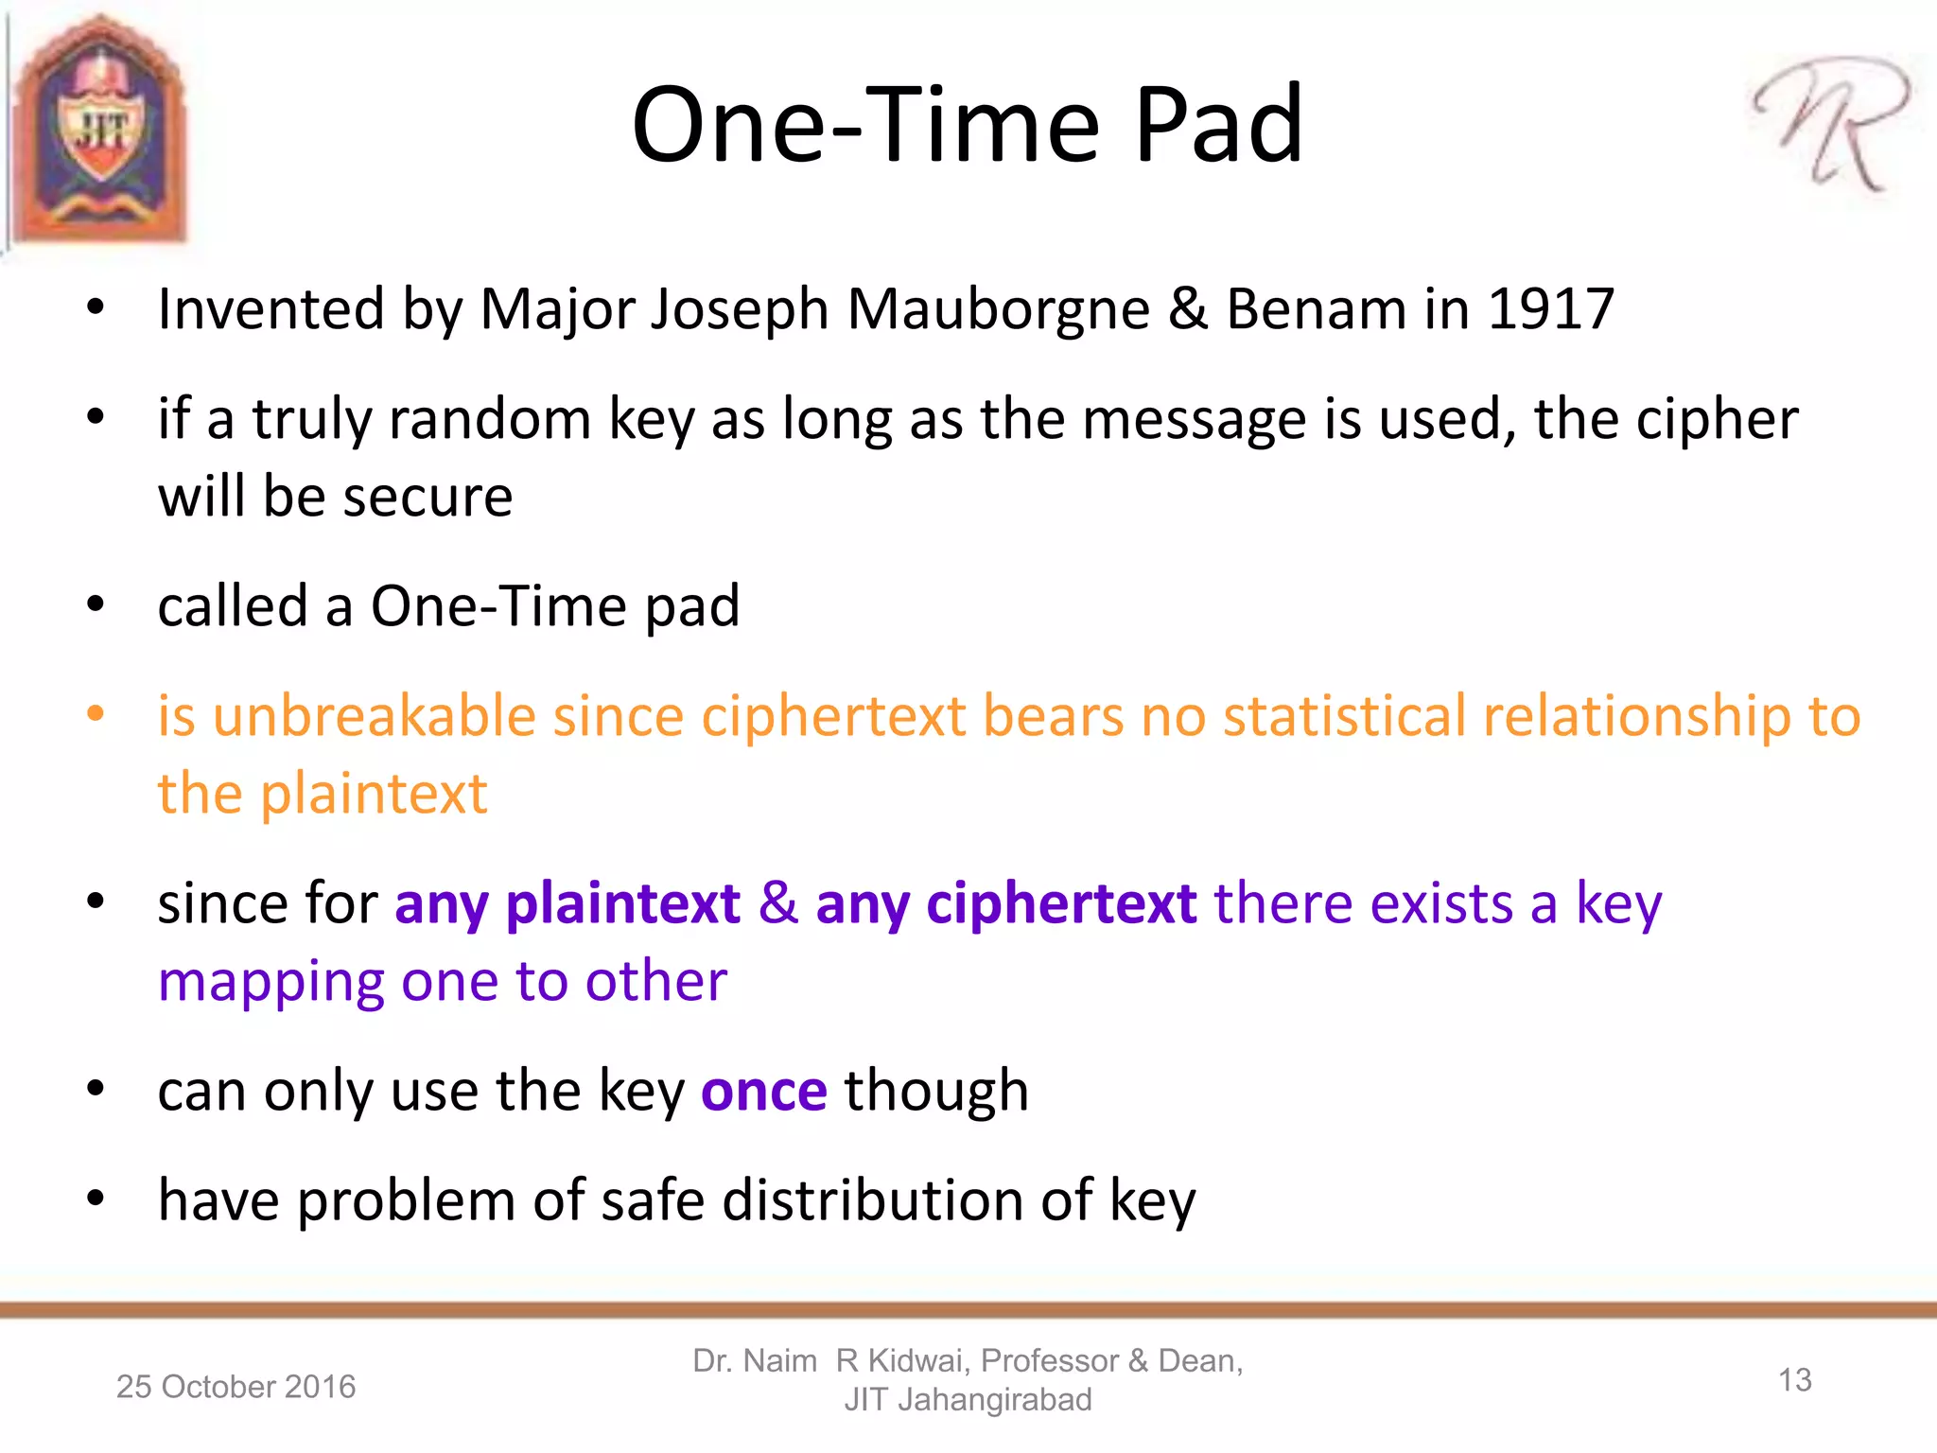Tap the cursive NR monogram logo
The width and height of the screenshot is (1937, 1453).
pos(1831,123)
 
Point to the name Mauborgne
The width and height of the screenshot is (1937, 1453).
pos(998,309)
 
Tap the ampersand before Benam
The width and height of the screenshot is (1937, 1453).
pos(1188,309)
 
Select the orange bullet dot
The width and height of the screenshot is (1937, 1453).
pos(96,713)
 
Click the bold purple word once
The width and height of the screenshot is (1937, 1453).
pos(764,1092)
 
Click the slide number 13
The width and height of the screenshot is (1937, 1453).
pos(1794,1380)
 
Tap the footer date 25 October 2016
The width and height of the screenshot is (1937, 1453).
pos(236,1387)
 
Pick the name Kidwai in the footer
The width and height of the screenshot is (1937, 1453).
pos(918,1361)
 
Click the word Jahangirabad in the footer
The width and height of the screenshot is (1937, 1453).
pos(994,1400)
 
